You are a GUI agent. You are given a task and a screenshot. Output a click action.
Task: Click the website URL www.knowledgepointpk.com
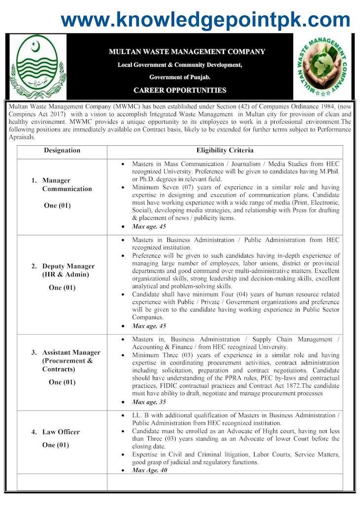205,20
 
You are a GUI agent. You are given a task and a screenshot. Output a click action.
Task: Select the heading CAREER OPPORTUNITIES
180,90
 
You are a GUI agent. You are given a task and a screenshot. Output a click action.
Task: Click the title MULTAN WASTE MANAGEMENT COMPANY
187,51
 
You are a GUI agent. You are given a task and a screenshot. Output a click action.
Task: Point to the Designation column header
62,150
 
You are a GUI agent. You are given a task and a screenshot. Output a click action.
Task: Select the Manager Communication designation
67,185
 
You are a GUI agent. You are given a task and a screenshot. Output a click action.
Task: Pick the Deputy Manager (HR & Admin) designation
68,270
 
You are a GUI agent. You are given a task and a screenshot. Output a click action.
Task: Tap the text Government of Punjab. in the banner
180,77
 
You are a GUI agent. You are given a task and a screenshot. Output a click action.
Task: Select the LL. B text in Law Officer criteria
140,415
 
